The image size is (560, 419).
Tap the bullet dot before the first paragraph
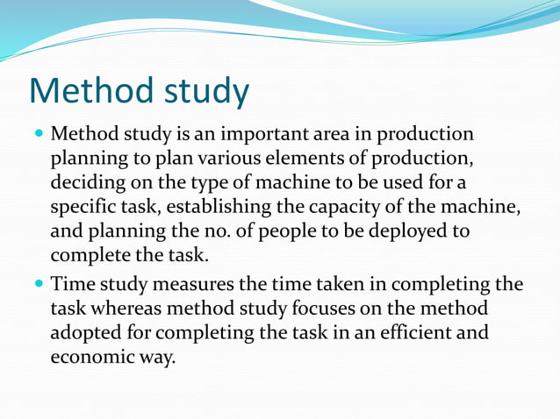[x=38, y=136]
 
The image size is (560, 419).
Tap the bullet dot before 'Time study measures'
[x=38, y=286]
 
